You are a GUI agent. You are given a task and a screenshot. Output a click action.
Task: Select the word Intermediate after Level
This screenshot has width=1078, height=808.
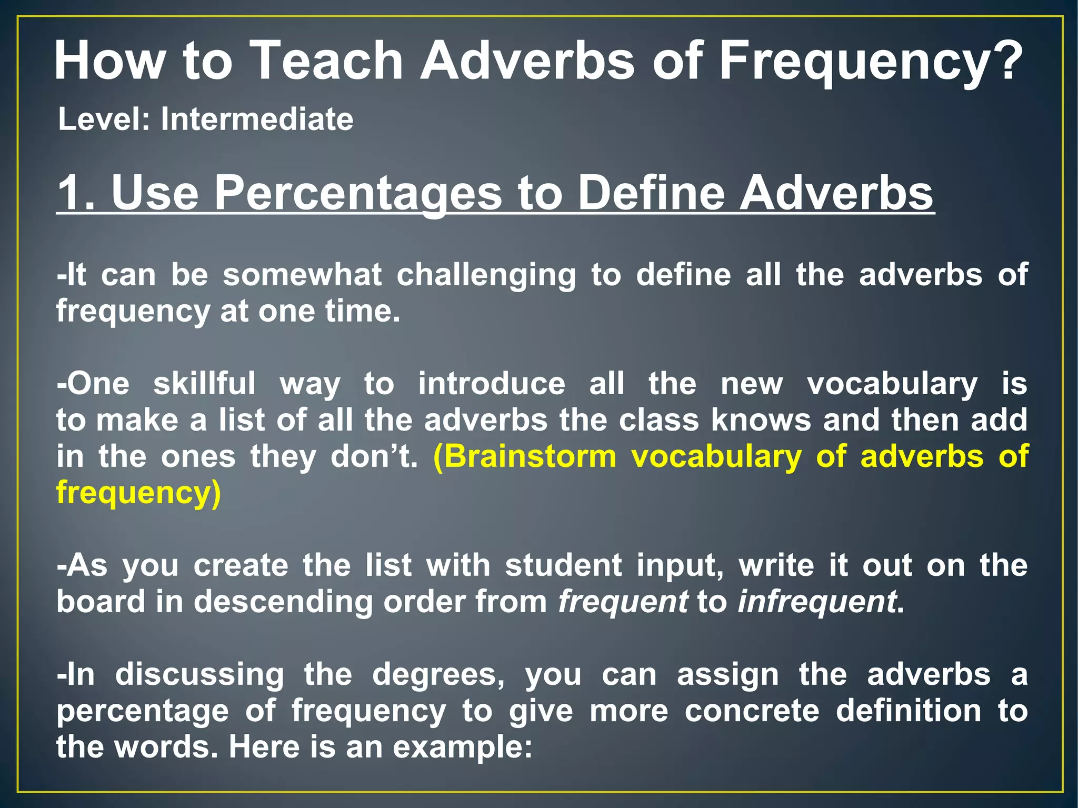257,119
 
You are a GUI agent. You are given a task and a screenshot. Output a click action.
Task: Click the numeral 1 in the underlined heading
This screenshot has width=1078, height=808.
71,193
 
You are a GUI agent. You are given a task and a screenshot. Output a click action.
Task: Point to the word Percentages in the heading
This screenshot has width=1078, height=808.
358,193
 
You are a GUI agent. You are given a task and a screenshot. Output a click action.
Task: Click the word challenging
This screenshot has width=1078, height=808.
486,275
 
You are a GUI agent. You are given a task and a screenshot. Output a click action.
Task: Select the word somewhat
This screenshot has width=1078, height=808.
302,275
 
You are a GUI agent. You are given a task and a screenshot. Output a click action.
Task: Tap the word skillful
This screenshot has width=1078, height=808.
204,383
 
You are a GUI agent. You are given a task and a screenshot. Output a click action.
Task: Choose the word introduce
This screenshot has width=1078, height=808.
492,383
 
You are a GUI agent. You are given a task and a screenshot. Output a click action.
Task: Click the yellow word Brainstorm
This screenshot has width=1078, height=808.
524,456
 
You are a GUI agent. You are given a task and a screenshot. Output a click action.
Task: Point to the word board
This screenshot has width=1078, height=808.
101,602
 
